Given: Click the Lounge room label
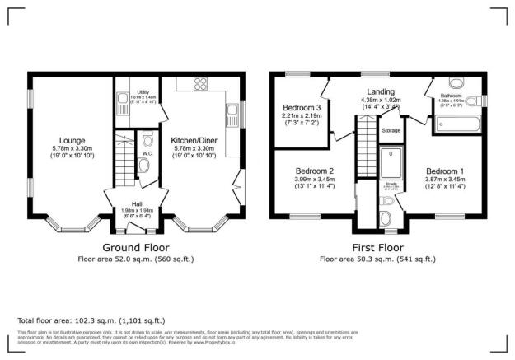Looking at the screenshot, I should pos(68,139).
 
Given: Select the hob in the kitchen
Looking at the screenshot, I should pos(199,82).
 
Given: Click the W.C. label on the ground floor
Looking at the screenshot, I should pos(147,152).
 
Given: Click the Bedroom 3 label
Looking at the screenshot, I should pos(301,108).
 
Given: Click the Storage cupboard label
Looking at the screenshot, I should pos(391,129).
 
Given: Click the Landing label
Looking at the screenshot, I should pos(380,91).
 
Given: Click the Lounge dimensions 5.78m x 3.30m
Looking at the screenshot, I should pos(68,147).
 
